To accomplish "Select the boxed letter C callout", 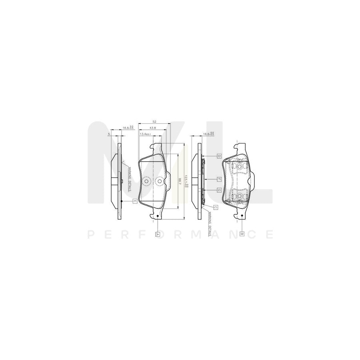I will pyautogui.click(x=215, y=207).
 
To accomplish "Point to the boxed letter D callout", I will pyautogui.click(x=219, y=155).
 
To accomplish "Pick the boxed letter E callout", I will pyautogui.click(x=135, y=201).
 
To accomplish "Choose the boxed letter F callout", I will pyautogui.click(x=219, y=179).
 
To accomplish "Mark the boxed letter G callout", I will pyautogui.click(x=219, y=190).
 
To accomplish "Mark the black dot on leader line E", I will pyautogui.click(x=121, y=201).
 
